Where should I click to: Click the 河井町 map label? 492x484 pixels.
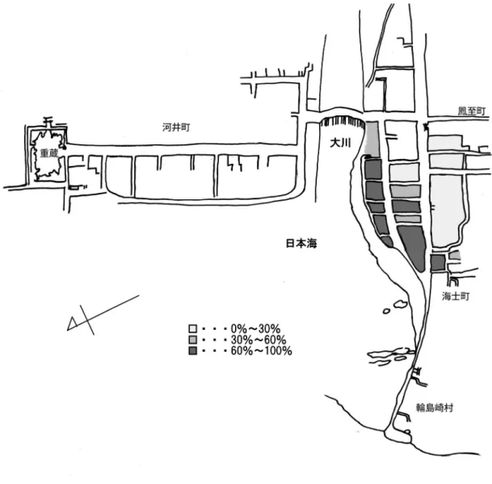(x=176, y=127)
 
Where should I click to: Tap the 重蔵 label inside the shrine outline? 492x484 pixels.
(x=49, y=153)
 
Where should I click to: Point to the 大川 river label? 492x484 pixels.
(x=340, y=143)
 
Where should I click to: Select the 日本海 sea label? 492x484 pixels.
(x=301, y=244)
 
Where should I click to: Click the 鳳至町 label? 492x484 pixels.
(x=472, y=111)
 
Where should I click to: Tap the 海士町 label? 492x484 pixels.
(x=456, y=296)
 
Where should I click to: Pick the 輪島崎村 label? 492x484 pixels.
(x=435, y=407)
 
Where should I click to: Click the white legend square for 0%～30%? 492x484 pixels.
(x=192, y=328)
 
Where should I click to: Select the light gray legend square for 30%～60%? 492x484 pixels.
(x=192, y=340)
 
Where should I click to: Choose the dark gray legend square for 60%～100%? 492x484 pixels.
(x=192, y=351)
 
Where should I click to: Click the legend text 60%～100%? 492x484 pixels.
(x=262, y=351)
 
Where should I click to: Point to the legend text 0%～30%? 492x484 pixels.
(x=255, y=328)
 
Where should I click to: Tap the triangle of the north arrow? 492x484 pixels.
(x=73, y=324)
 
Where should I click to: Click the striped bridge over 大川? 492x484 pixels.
(x=343, y=121)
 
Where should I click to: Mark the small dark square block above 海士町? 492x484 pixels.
(x=438, y=262)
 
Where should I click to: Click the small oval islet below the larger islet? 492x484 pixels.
(x=386, y=311)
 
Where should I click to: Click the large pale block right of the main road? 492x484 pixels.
(x=447, y=211)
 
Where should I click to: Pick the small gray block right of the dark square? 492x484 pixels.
(x=455, y=255)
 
